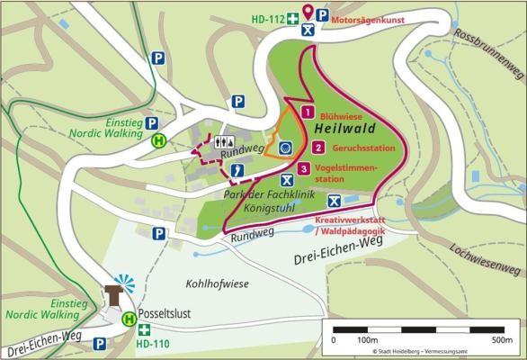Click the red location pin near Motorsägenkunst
coord(308,12)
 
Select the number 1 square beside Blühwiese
coord(308,113)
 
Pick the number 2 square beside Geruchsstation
coord(319,148)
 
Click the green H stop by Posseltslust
coord(130,318)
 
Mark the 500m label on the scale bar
coord(500,341)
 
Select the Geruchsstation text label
coord(365,148)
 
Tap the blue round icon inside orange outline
coord(285,148)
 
